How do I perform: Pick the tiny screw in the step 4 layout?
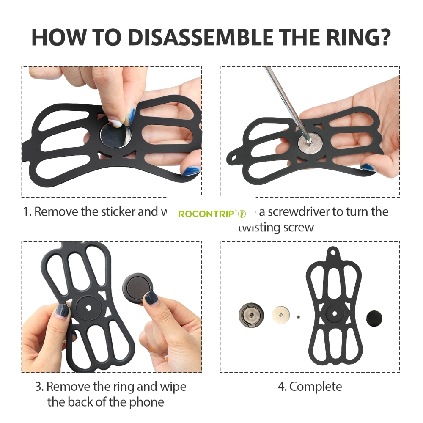point(298,317)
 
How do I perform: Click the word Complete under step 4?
point(316,386)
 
